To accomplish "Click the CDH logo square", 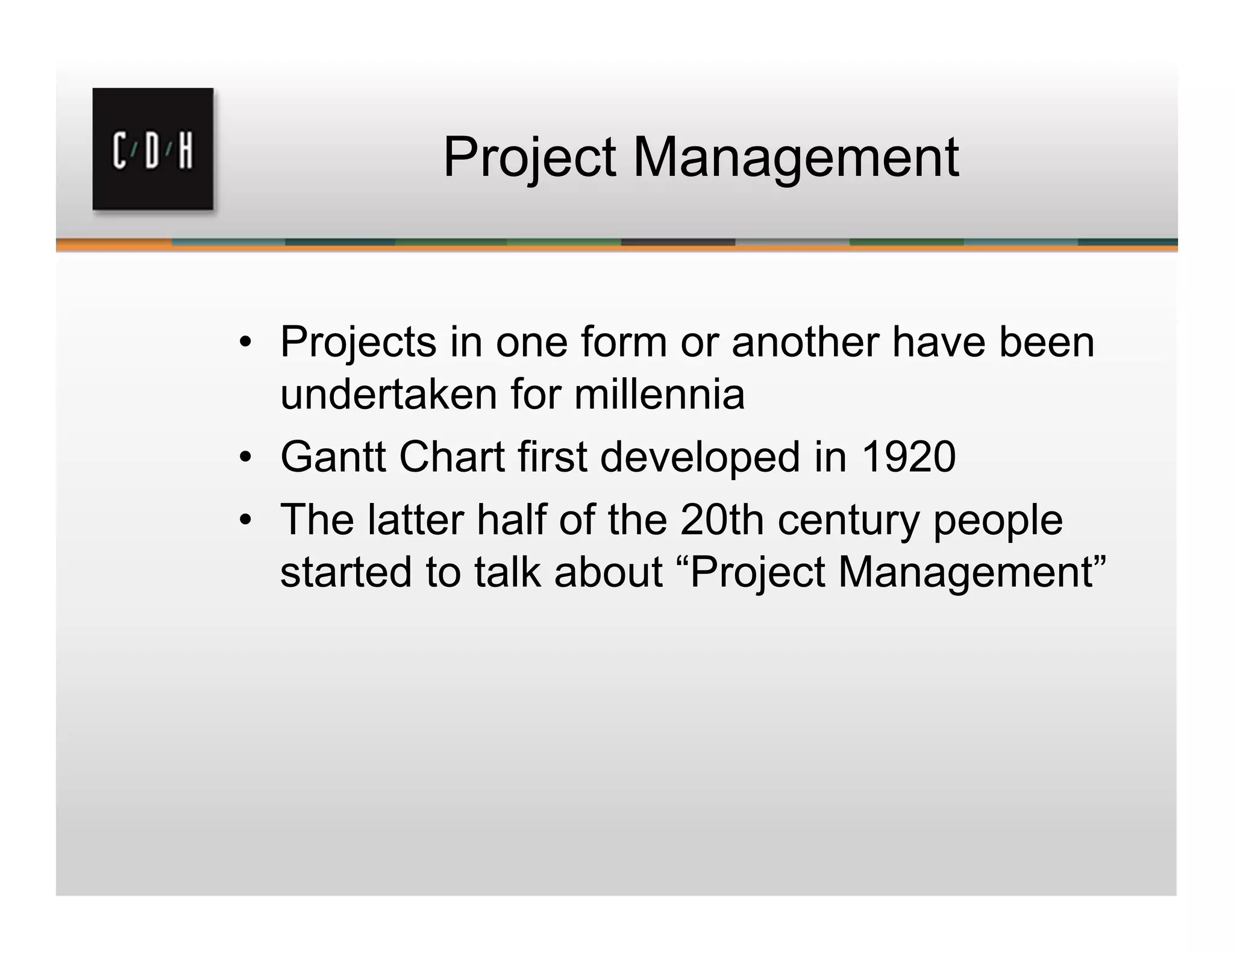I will [x=153, y=149].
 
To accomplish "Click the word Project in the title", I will [x=530, y=158].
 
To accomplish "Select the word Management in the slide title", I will [x=795, y=158].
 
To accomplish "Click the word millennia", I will [x=659, y=395].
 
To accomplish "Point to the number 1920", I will [x=909, y=457].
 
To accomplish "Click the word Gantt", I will [x=333, y=457].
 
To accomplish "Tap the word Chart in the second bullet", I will [x=451, y=457].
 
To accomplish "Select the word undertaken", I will [x=388, y=395].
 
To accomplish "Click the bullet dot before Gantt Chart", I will [x=244, y=458].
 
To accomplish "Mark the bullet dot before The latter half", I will [x=244, y=520].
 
